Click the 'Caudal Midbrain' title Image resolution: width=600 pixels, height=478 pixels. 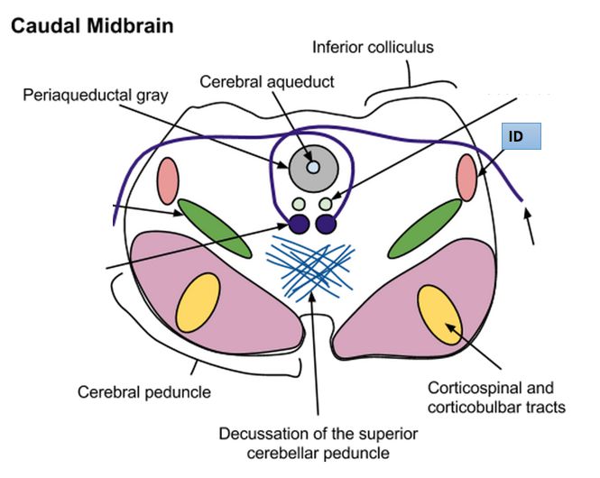click(91, 25)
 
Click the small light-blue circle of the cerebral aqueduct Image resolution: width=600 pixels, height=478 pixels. click(312, 167)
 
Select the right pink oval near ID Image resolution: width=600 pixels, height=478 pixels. click(466, 177)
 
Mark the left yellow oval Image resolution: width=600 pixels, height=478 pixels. click(198, 301)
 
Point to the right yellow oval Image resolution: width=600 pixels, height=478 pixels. click(440, 317)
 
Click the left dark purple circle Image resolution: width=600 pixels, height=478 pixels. click(299, 224)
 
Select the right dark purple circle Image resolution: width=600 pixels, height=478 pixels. click(326, 224)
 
